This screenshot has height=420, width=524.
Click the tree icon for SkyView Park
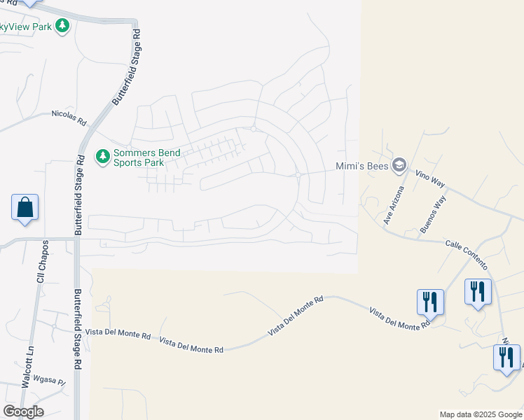pyautogui.click(x=63, y=26)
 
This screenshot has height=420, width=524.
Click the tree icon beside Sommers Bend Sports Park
pyautogui.click(x=103, y=156)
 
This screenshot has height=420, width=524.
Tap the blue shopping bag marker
pyautogui.click(x=25, y=208)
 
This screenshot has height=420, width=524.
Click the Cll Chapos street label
pyautogui.click(x=41, y=263)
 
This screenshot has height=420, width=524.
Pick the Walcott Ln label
pyautogui.click(x=28, y=369)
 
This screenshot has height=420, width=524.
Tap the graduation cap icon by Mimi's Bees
pyautogui.click(x=399, y=165)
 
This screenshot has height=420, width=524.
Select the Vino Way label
pyautogui.click(x=430, y=178)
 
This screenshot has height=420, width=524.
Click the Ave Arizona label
pyautogui.click(x=394, y=205)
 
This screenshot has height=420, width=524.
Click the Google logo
pyautogui.click(x=23, y=411)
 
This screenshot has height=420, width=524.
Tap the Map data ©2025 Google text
pyautogui.click(x=480, y=414)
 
